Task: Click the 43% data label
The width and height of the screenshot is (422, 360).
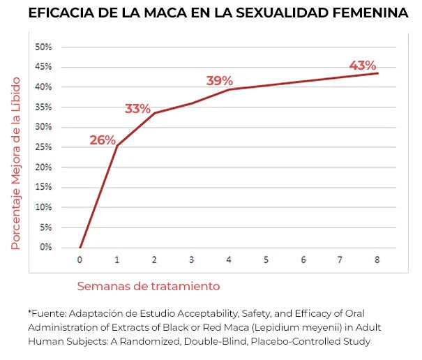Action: [x=363, y=66]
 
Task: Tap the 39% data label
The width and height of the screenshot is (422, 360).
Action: [x=219, y=81]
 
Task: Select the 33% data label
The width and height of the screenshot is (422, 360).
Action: [x=137, y=109]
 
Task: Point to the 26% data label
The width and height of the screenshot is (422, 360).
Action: [x=103, y=140]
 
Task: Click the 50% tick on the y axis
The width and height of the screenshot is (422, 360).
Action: [x=43, y=47]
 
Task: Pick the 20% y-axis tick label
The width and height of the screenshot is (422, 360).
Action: [x=43, y=167]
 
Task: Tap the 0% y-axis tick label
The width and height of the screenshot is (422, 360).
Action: [x=45, y=247]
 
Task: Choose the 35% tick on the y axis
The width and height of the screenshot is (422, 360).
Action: [x=43, y=107]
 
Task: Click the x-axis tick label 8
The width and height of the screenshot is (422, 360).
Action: [x=377, y=260]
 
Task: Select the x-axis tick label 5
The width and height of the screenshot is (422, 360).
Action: [x=266, y=260]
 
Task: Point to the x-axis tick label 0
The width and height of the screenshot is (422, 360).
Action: [x=80, y=260]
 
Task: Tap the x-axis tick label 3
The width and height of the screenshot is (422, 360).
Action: [x=191, y=260]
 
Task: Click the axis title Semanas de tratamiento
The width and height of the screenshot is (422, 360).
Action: [x=148, y=286]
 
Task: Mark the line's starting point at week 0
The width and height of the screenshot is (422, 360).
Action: [x=80, y=247]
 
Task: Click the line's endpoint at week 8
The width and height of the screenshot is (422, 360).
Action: [x=377, y=73]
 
